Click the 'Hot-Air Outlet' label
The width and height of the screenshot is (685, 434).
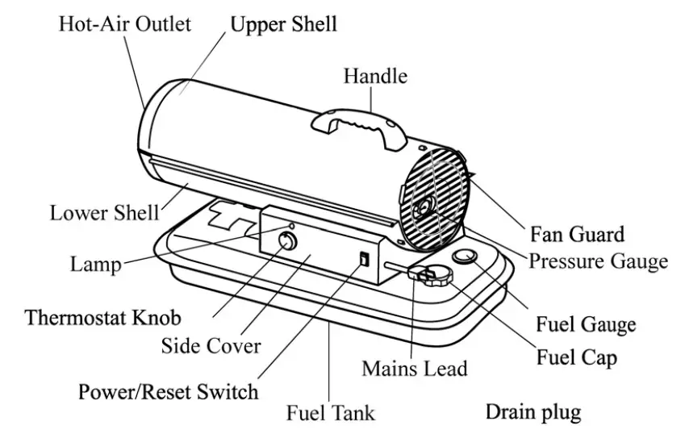(x=124, y=23)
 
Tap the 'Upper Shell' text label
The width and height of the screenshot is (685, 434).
(x=283, y=23)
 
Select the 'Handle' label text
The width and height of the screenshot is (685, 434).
(x=375, y=77)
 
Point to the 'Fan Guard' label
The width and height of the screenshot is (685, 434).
(x=577, y=234)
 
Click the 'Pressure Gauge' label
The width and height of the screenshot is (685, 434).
(x=598, y=261)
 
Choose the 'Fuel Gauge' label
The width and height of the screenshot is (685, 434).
(x=586, y=325)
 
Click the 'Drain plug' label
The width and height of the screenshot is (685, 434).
(x=533, y=412)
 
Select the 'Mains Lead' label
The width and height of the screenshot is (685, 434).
(x=414, y=369)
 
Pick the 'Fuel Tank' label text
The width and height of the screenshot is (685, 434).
(x=331, y=413)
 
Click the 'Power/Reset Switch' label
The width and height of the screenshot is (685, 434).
(x=168, y=392)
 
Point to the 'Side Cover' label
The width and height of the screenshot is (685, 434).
(x=211, y=346)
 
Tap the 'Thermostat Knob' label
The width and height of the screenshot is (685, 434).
(x=102, y=316)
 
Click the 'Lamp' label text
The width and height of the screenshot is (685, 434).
(x=95, y=265)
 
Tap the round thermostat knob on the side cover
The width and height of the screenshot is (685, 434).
(x=286, y=241)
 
